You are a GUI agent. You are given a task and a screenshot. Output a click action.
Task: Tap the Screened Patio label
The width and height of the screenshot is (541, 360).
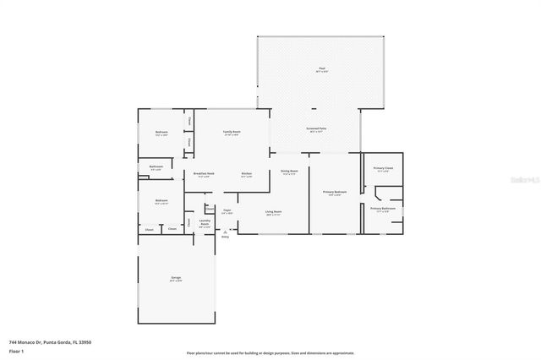[317, 128]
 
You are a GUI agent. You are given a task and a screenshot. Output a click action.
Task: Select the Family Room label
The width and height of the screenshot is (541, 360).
[231, 133]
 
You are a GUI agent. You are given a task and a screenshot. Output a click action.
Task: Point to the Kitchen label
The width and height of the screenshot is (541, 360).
[247, 174]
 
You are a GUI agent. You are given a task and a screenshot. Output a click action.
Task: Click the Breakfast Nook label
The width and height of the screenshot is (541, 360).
[204, 173]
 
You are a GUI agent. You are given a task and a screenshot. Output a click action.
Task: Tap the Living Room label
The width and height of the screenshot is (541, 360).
[273, 211]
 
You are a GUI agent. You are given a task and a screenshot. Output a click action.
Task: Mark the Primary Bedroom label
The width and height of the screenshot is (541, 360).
[335, 193]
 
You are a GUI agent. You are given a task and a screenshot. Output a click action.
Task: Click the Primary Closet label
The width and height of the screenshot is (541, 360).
[383, 168]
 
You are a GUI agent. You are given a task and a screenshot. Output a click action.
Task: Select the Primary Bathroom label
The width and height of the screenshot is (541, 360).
[382, 208]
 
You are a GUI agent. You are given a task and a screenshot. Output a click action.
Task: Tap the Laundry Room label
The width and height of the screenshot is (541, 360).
[204, 224]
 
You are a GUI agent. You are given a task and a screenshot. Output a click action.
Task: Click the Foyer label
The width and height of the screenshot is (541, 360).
[227, 210]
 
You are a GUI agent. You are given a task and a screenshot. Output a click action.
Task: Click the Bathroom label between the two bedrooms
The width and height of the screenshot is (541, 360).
[156, 166]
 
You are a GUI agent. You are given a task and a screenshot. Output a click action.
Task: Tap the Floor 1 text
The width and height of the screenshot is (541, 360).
[16, 350]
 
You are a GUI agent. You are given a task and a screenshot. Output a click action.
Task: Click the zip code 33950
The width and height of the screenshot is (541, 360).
[85, 341]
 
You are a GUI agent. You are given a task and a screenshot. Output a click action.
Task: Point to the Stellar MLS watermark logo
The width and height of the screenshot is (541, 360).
[523, 180]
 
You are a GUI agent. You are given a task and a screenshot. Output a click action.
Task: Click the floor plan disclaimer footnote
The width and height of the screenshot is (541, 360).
[270, 352]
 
